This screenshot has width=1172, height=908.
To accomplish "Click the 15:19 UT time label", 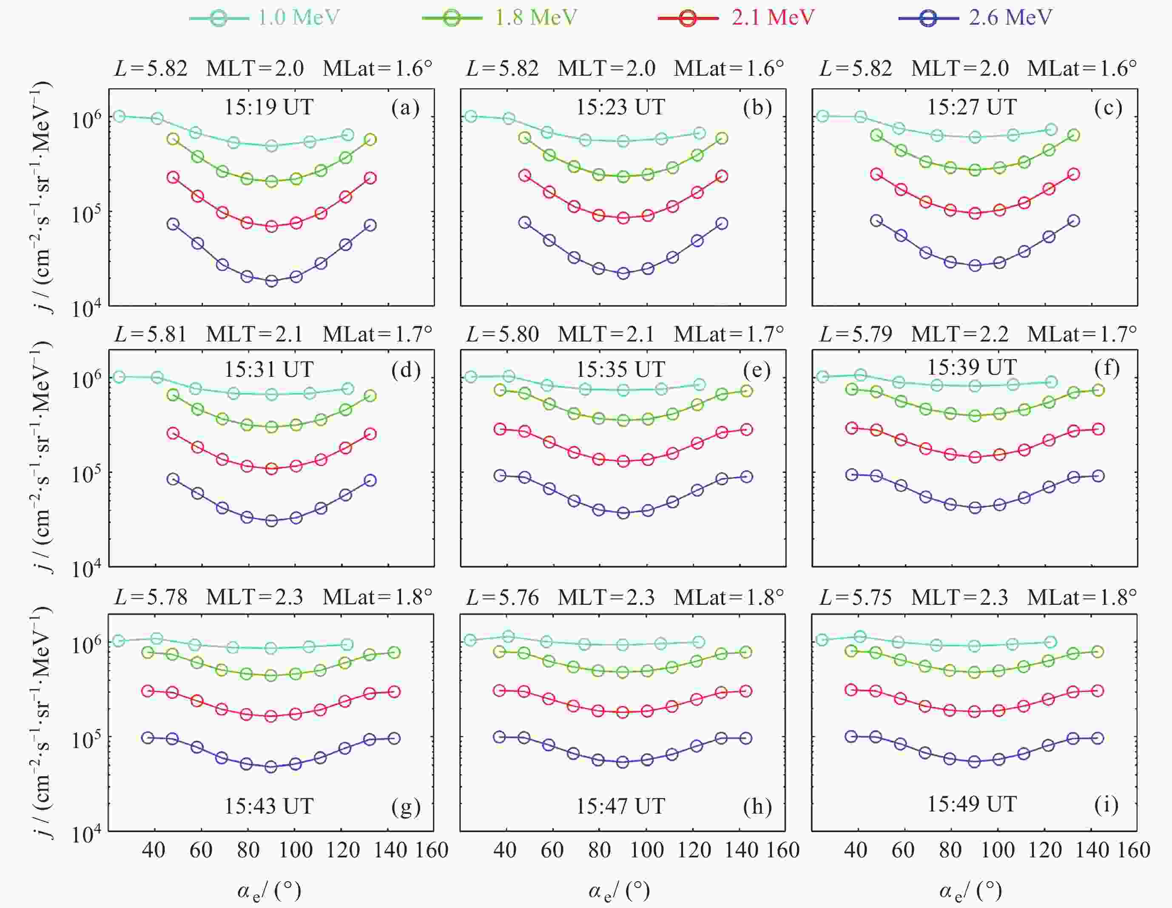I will coord(268,107).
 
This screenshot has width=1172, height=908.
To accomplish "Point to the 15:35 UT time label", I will coord(620,370).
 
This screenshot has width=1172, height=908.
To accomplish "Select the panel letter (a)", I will coord(405,108).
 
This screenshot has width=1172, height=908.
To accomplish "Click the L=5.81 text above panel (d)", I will coord(151,334).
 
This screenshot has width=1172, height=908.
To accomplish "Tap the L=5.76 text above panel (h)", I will coord(502,597).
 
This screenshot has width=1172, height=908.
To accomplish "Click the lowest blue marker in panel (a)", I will coord(272,281).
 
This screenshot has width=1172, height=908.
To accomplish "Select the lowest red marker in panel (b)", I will coord(623,218).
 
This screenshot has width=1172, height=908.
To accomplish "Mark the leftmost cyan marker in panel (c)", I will coord(822,117).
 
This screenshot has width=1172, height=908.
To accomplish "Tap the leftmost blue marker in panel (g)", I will coord(148,737).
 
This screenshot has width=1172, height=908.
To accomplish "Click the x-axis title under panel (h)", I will coord(619,891).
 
